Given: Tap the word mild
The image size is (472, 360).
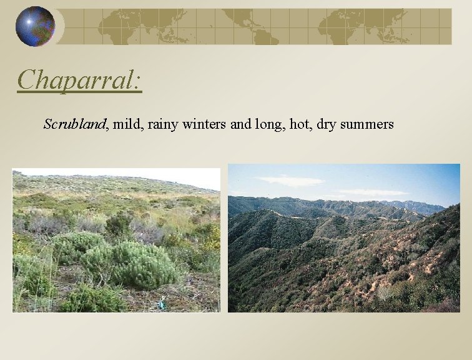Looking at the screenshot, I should (127, 124).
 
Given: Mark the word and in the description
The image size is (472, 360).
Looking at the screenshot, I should (241, 124).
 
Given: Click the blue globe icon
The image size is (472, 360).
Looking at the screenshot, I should (35, 26).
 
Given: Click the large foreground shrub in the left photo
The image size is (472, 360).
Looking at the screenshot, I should (134, 262).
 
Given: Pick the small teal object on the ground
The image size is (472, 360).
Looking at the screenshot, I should (160, 304).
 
